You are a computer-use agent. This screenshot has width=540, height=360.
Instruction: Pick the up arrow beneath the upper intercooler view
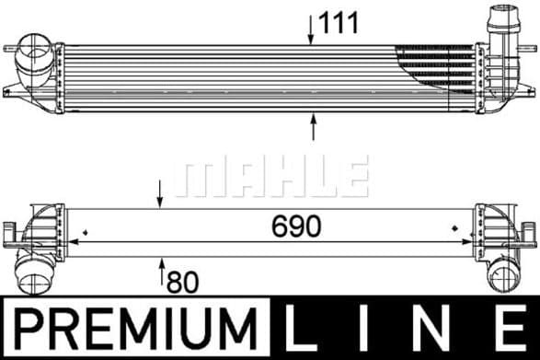pos(313,126)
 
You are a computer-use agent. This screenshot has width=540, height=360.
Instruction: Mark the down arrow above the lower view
pos(162,194)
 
